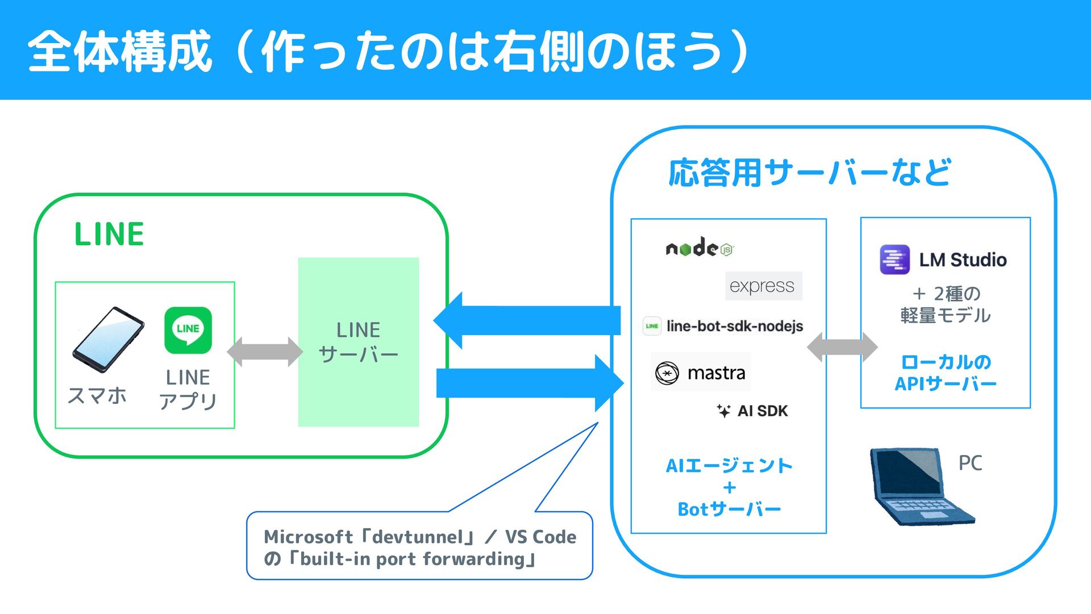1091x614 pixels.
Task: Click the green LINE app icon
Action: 188,330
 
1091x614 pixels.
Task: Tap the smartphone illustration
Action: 108,340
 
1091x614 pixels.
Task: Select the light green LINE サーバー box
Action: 359,342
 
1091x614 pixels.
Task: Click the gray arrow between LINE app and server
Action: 265,352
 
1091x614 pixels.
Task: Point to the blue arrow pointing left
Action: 527,320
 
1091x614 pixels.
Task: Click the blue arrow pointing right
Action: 530,383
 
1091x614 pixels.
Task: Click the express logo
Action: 763,286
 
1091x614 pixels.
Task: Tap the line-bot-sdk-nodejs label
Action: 723,326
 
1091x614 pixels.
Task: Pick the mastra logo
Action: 701,373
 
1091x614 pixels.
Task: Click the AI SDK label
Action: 752,411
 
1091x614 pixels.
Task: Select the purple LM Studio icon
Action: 894,260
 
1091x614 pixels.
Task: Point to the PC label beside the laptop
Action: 970,463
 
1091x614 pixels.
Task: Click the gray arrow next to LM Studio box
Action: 842,346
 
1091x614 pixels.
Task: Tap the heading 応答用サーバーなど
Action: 809,173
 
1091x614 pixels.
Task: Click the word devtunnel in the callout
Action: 418,537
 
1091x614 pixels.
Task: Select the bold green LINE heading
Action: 109,234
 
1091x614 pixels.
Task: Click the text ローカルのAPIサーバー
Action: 946,373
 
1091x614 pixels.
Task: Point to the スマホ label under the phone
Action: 97,395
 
